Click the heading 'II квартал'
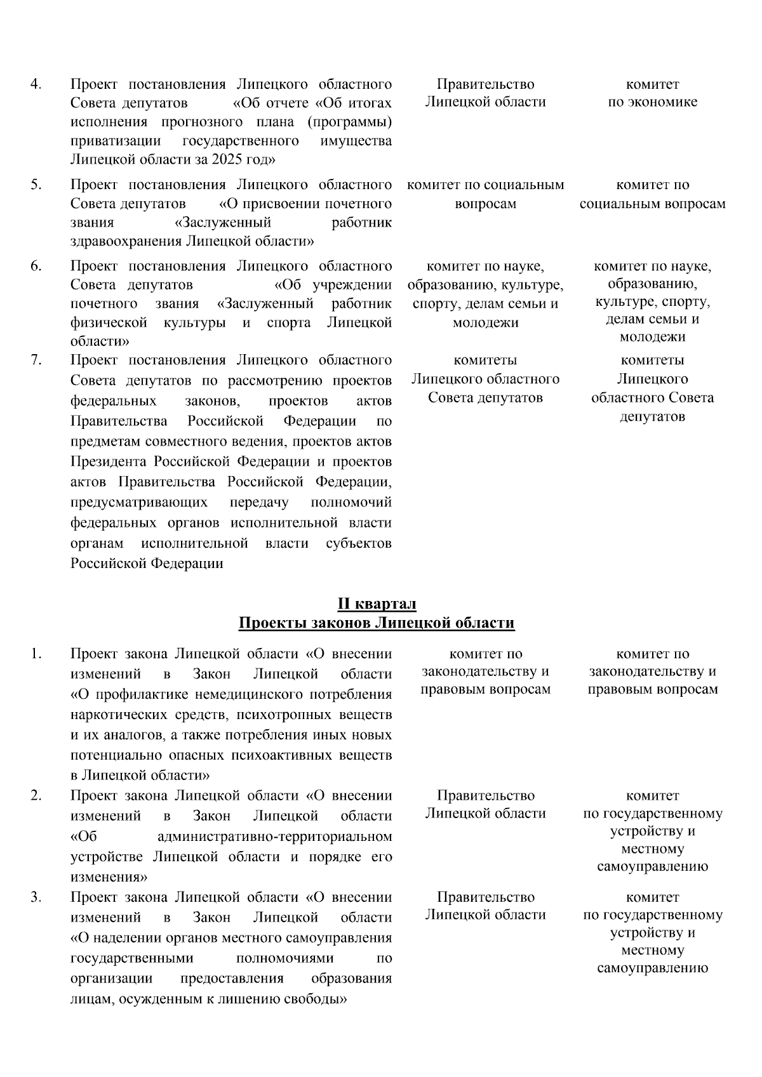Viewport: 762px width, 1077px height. coord(376,603)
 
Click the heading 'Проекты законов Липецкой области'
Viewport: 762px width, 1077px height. coord(376,623)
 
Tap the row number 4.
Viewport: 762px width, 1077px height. coord(36,84)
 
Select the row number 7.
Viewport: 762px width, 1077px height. coord(36,360)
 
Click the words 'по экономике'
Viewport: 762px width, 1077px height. coord(652,102)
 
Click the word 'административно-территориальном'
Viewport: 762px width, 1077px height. coord(274,836)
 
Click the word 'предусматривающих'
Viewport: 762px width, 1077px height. coord(138,503)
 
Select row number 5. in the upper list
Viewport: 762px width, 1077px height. coord(36,185)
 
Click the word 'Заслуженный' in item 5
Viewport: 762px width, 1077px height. coord(222,223)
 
